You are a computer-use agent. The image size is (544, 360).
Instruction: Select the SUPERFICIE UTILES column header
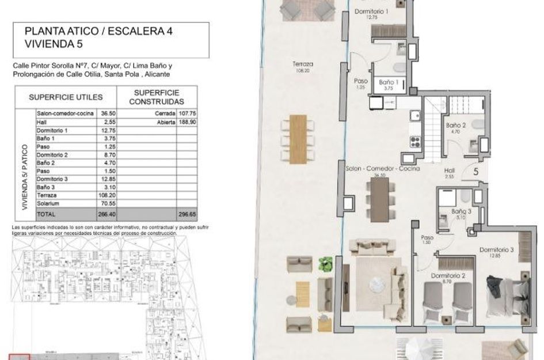pos(66,97)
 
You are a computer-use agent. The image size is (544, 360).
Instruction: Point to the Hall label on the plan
pos(451,170)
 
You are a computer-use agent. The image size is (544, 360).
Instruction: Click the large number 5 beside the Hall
pos(477,171)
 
